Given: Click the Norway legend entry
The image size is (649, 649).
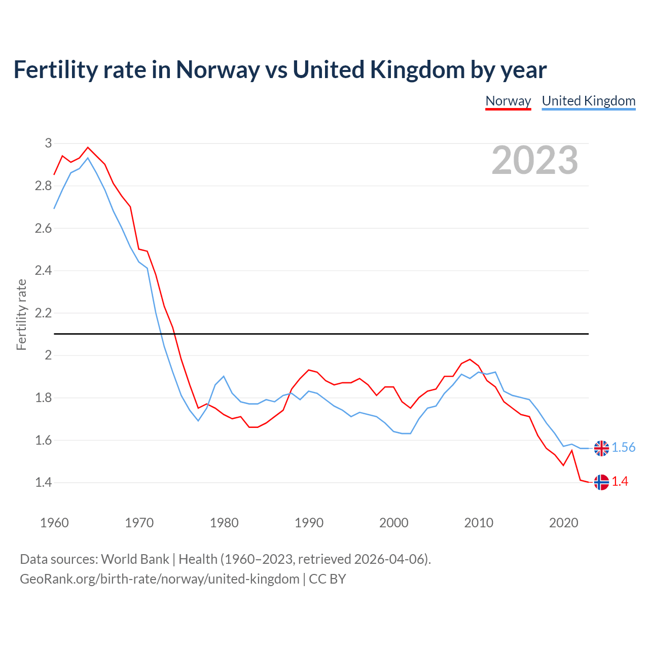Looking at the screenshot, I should point(508,101).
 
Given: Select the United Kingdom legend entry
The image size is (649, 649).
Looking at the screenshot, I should point(588,101).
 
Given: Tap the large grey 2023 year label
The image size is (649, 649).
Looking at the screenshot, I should point(534,160).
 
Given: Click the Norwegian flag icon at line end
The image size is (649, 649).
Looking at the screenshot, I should point(601,482).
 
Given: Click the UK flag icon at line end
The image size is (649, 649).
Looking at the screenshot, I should point(601,448).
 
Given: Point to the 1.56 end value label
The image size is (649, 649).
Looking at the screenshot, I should point(623,447).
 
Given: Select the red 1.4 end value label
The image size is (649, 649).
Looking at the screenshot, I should point(620,482).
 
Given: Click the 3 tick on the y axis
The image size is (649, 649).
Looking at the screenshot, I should point(48,143).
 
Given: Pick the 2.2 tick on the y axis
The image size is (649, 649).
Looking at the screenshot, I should point(44,313).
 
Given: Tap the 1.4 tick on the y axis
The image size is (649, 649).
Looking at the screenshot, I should point(44,482).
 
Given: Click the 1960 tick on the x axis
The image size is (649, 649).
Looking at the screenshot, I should point(54,523).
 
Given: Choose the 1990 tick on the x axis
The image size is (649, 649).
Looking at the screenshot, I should point(309,523).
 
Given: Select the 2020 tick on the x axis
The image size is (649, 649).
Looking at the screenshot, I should point(563,523).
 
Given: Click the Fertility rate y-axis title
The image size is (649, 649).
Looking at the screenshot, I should point(21,314).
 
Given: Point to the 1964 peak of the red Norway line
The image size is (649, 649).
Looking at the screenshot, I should point(88,148).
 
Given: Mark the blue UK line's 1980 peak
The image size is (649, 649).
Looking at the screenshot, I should point(224,376).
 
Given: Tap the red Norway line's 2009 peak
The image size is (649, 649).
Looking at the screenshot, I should point(470,359).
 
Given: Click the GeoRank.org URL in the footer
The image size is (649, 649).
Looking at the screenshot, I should point(159,579).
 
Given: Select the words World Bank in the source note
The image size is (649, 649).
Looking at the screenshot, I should point(135,559).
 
